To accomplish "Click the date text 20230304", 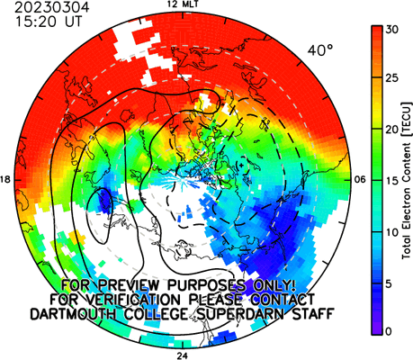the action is tap(52, 8).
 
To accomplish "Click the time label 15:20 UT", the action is tap(49, 22).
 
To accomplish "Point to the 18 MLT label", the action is tap(5, 180).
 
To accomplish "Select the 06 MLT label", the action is tap(360, 180).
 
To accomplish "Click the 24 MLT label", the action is tap(183, 356).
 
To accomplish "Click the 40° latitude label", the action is tap(320, 50).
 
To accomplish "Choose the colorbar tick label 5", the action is tap(389, 283).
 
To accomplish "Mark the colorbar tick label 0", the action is tap(389, 331).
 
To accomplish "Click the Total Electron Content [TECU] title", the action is tap(407, 181).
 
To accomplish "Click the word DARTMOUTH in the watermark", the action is tap(74, 314).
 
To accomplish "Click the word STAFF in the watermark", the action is tap(313, 314).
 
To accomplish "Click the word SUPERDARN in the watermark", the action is tap(238, 314).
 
